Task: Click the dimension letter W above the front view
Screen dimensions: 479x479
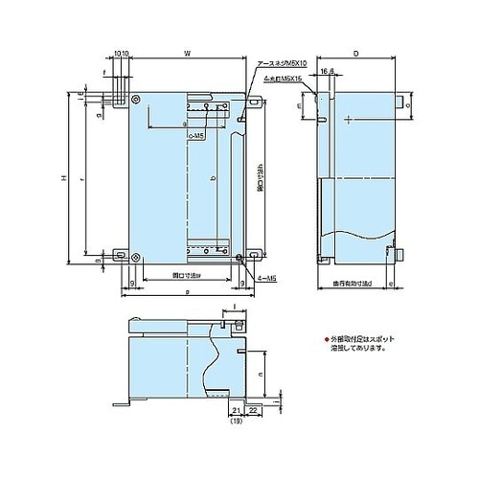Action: (188, 56)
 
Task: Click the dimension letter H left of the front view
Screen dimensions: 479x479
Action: (61, 179)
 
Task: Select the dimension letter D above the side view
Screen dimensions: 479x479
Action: (358, 56)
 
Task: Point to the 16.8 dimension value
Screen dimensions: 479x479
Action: (328, 70)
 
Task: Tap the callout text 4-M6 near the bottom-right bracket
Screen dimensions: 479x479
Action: (267, 278)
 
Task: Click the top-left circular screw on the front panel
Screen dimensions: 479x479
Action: (138, 100)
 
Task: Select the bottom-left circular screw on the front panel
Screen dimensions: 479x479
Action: (138, 256)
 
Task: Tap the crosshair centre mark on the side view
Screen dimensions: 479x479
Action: (347, 119)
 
